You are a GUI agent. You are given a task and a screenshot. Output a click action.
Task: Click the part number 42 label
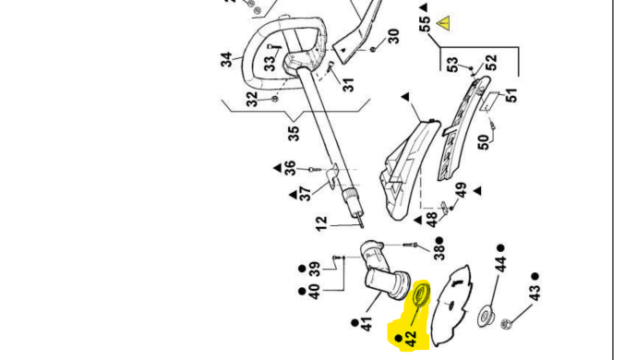pyautogui.click(x=411, y=339)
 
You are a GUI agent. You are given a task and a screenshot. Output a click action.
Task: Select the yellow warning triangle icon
pyautogui.click(x=443, y=23)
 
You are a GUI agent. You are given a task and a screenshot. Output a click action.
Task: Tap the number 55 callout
pyautogui.click(x=426, y=23)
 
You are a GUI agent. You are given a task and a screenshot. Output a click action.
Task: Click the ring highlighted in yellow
pyautogui.click(x=421, y=294)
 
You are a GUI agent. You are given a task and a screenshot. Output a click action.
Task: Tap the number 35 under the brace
pyautogui.click(x=294, y=134)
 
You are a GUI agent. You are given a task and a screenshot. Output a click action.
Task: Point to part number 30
pyautogui.click(x=393, y=36)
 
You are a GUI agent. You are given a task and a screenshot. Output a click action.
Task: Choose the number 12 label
pyautogui.click(x=321, y=223)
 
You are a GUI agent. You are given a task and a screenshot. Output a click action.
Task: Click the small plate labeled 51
pyautogui.click(x=490, y=102)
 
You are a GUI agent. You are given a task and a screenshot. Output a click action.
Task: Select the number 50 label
pyautogui.click(x=483, y=142)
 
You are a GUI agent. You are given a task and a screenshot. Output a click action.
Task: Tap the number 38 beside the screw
pyautogui.click(x=439, y=252)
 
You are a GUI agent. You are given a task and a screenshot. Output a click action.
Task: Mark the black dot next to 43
pyautogui.click(x=535, y=276)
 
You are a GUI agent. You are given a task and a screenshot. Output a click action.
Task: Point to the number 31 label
pyautogui.click(x=348, y=85)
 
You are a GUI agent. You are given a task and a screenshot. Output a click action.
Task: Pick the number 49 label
pyautogui.click(x=461, y=190)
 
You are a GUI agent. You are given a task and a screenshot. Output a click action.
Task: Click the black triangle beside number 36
pyautogui.click(x=278, y=168)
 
